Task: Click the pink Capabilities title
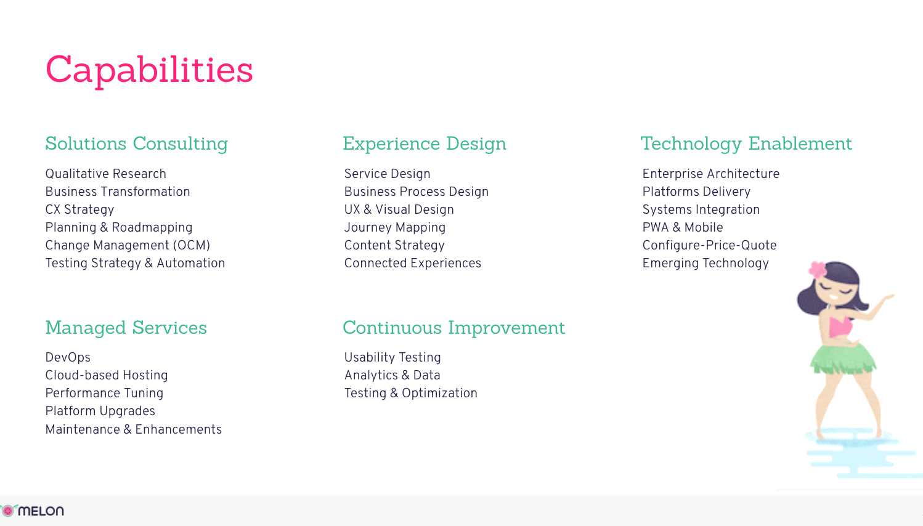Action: click(x=148, y=70)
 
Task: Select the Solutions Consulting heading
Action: click(x=136, y=144)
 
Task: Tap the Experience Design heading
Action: click(x=425, y=144)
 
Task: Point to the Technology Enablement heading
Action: click(x=746, y=144)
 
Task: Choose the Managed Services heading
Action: click(x=126, y=328)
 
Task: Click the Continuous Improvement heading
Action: click(x=453, y=328)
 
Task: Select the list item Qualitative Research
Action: click(x=105, y=174)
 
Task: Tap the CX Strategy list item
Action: click(x=79, y=209)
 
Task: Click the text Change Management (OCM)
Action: click(x=128, y=246)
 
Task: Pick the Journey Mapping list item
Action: click(x=395, y=228)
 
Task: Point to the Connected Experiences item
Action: click(x=412, y=263)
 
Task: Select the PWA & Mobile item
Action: click(x=682, y=227)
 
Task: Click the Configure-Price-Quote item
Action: click(x=709, y=246)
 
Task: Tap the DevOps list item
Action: click(x=68, y=357)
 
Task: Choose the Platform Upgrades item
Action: click(x=100, y=411)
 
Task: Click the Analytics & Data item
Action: click(x=392, y=375)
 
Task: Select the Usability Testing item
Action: click(x=392, y=357)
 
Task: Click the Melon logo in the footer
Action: click(x=32, y=511)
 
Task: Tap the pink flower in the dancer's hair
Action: click(x=818, y=269)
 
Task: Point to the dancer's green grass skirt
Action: click(x=843, y=360)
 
